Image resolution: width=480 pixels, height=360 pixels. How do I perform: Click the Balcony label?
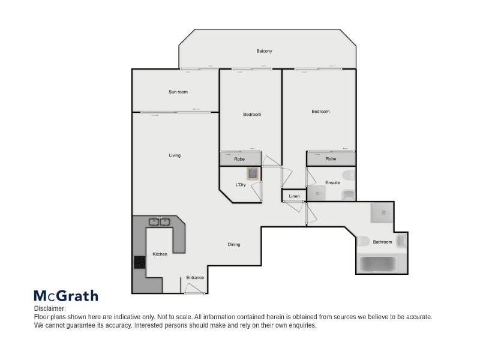(265, 51)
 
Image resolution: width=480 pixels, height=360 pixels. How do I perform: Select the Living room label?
(175, 155)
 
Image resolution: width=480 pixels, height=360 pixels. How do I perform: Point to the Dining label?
(234, 244)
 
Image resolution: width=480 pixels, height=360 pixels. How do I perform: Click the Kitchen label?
(160, 254)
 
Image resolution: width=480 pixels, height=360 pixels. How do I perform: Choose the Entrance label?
(195, 277)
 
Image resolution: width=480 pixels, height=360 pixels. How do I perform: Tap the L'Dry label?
(241, 185)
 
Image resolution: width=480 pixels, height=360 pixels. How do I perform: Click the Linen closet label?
(294, 196)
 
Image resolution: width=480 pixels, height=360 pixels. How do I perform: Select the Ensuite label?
(333, 182)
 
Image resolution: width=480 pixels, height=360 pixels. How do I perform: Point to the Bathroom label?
(382, 242)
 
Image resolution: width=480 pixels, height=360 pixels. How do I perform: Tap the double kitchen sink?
(159, 221)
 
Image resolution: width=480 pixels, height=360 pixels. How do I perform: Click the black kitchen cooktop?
(139, 262)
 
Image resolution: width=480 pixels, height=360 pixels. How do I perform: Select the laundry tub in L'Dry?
(254, 174)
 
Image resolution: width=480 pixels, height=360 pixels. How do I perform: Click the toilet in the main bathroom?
(363, 241)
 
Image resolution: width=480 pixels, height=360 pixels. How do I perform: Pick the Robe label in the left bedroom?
(239, 159)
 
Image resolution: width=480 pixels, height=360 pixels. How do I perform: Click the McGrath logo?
(65, 295)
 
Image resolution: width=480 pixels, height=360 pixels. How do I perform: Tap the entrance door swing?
(194, 289)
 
